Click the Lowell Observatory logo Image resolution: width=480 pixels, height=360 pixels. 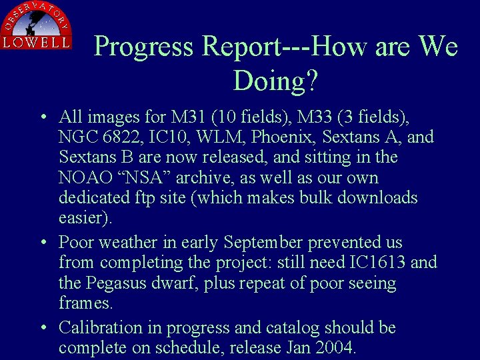[x=36, y=26]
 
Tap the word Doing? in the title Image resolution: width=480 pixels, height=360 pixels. [x=275, y=81]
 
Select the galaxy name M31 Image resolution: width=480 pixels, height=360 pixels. [x=189, y=117]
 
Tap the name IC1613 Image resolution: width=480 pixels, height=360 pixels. [x=378, y=262]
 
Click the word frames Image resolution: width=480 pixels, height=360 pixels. [x=86, y=303]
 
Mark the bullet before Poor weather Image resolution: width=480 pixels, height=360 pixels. [x=43, y=243]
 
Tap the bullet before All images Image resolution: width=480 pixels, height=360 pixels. [x=43, y=118]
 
